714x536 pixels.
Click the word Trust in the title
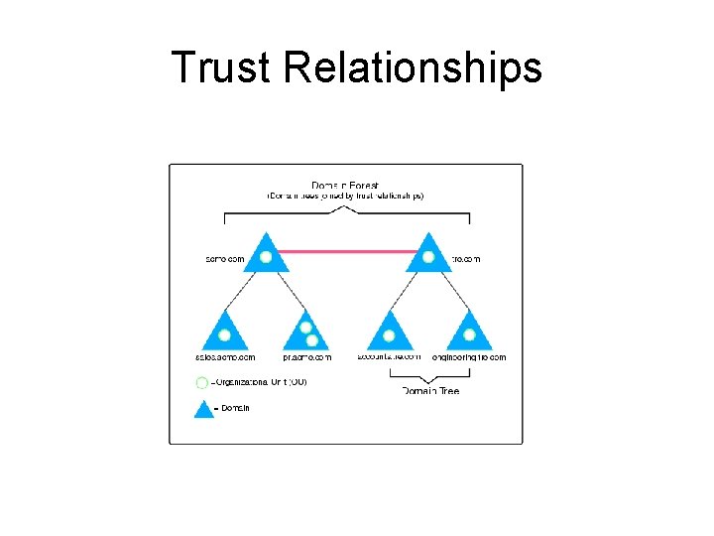tap(223, 67)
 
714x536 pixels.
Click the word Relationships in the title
tap(412, 67)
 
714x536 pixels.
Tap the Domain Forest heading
tap(345, 185)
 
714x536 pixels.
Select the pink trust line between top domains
tap(347, 251)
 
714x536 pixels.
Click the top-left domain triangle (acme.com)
tap(266, 255)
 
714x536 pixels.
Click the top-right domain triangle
tap(428, 255)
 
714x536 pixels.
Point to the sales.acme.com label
tap(225, 357)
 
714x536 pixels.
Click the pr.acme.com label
tap(306, 357)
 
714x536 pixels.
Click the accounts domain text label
tap(388, 357)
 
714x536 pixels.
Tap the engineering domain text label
tap(469, 357)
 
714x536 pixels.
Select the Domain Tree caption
tap(430, 391)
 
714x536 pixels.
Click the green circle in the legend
tap(202, 382)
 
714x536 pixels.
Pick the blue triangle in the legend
tap(203, 408)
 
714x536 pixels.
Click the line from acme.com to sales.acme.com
tap(244, 292)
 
